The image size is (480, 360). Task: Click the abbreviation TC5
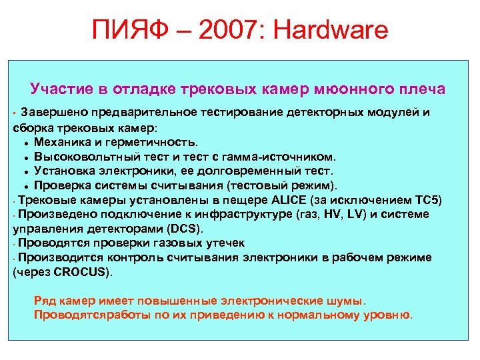[x=423, y=200]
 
